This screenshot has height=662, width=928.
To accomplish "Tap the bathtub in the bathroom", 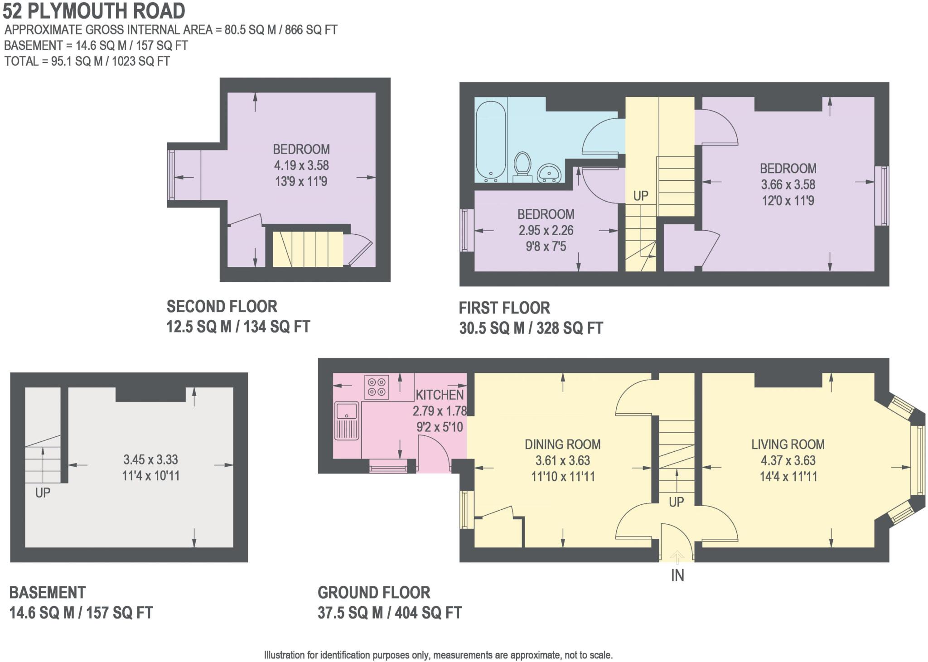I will [x=491, y=141].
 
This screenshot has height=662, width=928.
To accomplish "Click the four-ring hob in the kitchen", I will [x=377, y=387].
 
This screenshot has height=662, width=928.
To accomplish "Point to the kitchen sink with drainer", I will [x=347, y=421].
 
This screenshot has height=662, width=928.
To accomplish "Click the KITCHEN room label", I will [x=440, y=395].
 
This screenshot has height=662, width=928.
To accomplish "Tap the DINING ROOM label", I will [x=562, y=444].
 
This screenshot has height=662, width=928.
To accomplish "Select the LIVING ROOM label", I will [x=788, y=444].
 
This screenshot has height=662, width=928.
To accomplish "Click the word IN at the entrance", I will [x=677, y=575].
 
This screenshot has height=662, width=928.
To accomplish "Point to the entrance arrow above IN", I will [x=677, y=556].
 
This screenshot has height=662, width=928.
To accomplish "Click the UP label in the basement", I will [x=43, y=493].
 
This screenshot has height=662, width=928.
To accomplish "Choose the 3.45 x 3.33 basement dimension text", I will [x=150, y=459].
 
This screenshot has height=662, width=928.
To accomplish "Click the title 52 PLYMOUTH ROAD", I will [x=94, y=11].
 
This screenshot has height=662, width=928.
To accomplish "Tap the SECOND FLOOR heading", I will [x=222, y=307].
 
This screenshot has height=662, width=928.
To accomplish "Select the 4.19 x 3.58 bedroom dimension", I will [x=301, y=165].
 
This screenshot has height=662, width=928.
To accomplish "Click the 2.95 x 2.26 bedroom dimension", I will [x=546, y=230].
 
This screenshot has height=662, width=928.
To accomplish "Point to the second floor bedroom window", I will [x=171, y=174].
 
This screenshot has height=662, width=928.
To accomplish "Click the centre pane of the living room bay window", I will [x=920, y=460].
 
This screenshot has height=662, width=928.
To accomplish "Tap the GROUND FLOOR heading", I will [x=374, y=593].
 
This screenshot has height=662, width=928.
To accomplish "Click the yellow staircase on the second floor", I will [x=308, y=249].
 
